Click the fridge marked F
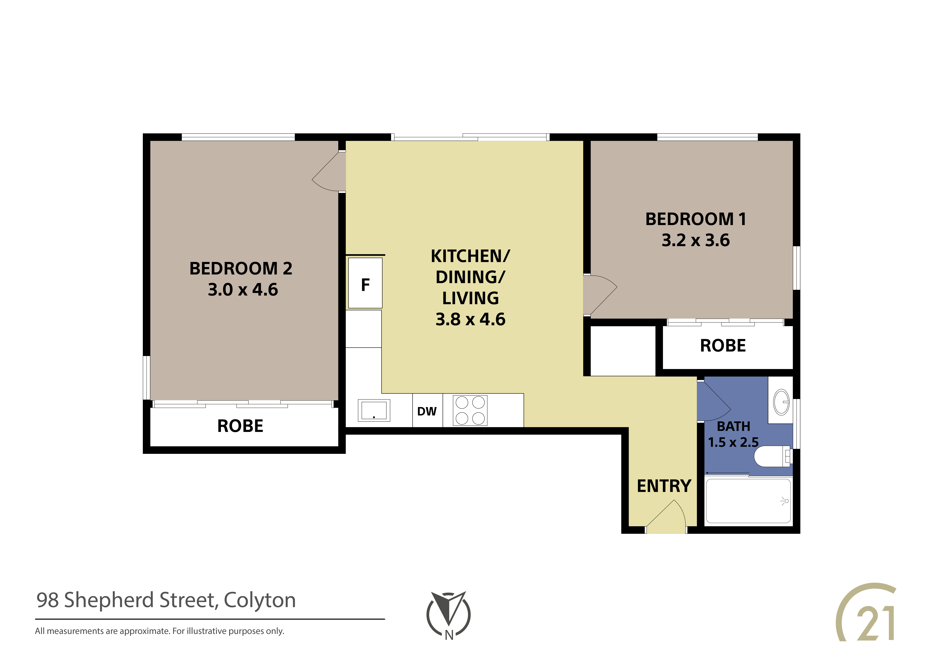tap(365, 283)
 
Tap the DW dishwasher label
tap(427, 411)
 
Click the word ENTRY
tap(664, 486)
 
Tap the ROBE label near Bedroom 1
tap(723, 346)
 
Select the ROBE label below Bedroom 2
tap(240, 426)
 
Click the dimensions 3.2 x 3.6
tap(696, 240)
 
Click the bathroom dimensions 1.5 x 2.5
tap(733, 442)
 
